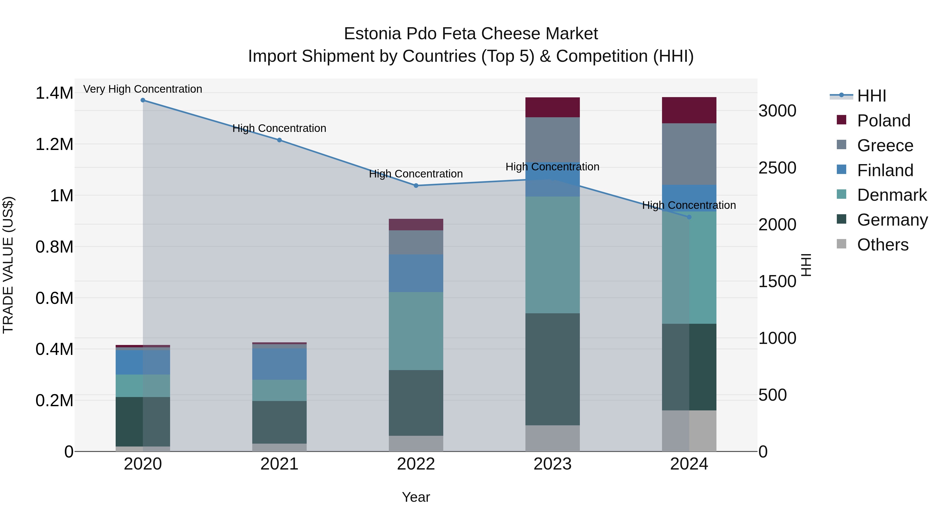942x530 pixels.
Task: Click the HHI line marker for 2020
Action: (x=143, y=100)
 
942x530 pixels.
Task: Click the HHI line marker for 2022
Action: (x=416, y=186)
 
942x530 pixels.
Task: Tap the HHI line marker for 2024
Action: (x=689, y=217)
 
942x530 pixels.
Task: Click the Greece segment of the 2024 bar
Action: (x=689, y=154)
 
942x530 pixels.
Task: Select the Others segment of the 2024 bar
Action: (x=689, y=431)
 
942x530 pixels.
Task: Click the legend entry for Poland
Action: (x=883, y=121)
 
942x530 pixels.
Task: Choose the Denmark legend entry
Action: (x=891, y=195)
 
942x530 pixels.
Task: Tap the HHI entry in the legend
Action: (x=871, y=96)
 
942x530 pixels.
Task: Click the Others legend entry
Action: (x=882, y=245)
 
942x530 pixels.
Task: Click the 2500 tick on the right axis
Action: (x=777, y=168)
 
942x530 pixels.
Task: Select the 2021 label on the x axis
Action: (x=279, y=464)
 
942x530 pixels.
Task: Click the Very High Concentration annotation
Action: (x=143, y=89)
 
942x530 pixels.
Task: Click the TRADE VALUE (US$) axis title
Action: (x=8, y=265)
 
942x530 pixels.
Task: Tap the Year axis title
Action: (x=416, y=497)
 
